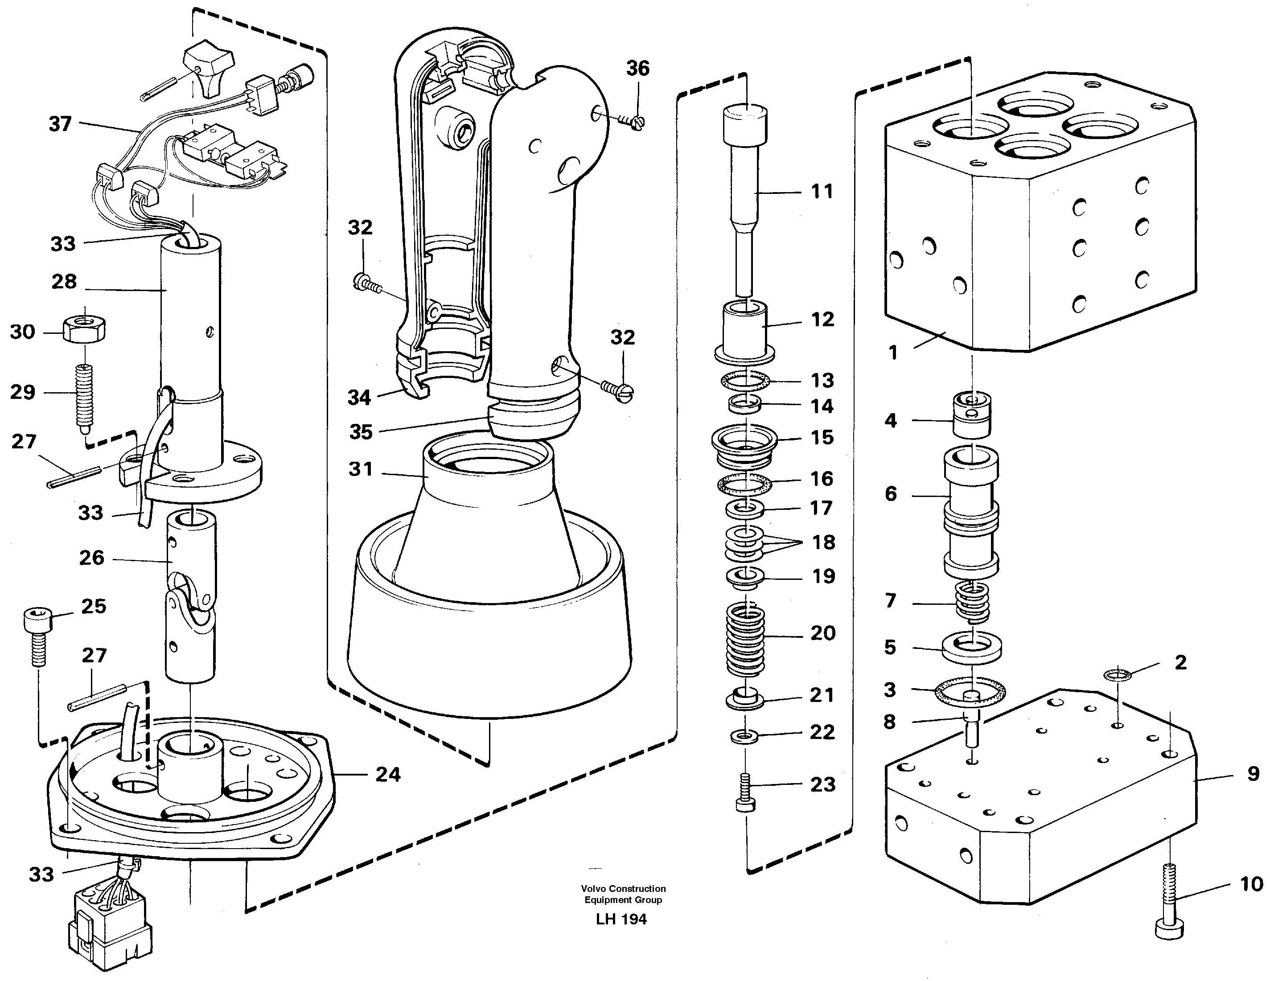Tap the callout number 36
[637, 69]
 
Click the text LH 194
[621, 919]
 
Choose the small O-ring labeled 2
[1117, 674]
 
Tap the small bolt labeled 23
[745, 792]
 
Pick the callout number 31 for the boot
[361, 469]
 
